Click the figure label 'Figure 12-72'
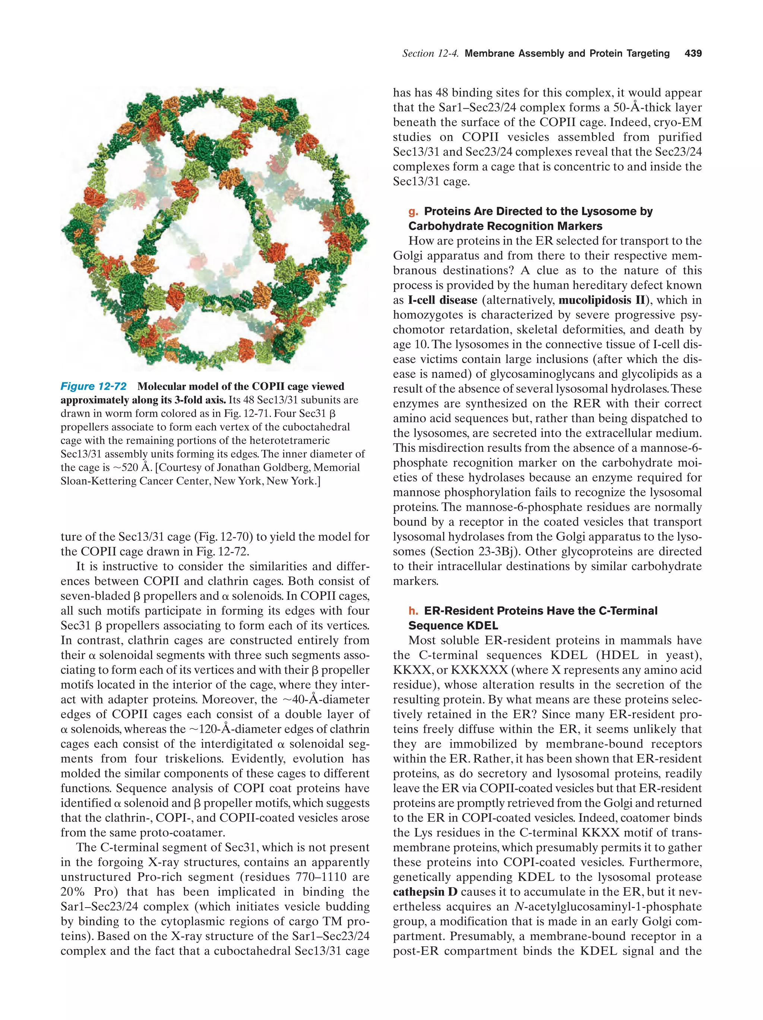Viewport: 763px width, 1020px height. (93, 386)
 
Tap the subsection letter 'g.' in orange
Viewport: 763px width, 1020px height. (413, 212)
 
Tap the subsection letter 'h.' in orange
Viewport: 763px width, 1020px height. (413, 611)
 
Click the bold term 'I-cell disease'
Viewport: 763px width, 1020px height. (442, 300)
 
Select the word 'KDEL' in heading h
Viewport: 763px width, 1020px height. (475, 626)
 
